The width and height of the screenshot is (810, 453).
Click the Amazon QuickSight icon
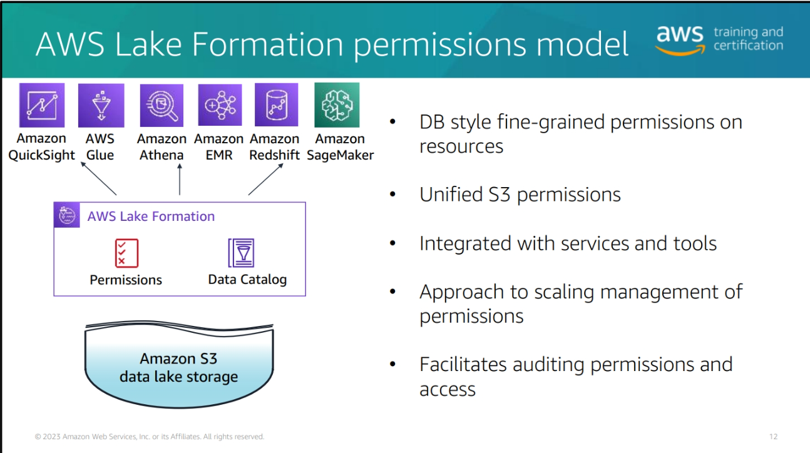[x=42, y=105]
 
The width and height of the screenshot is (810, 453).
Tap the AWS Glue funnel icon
[x=101, y=106]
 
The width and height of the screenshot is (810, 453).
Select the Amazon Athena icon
[x=161, y=106]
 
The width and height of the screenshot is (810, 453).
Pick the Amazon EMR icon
[x=220, y=105]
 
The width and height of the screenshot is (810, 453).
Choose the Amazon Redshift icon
[x=277, y=105]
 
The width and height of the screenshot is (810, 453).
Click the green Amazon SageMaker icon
[x=337, y=105]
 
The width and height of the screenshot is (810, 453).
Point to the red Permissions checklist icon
[x=126, y=253]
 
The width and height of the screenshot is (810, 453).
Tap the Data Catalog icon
[x=241, y=253]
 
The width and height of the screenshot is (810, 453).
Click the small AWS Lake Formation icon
[x=67, y=215]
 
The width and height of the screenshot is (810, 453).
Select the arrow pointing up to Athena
[x=180, y=180]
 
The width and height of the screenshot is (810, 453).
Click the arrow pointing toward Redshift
[x=266, y=180]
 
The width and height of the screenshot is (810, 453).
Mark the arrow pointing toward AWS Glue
[x=98, y=178]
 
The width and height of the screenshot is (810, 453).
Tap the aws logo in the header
[x=680, y=41]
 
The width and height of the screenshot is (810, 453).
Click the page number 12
[x=773, y=437]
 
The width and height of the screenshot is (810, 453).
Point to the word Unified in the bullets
[x=451, y=195]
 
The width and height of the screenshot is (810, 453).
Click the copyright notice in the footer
[x=150, y=437]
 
